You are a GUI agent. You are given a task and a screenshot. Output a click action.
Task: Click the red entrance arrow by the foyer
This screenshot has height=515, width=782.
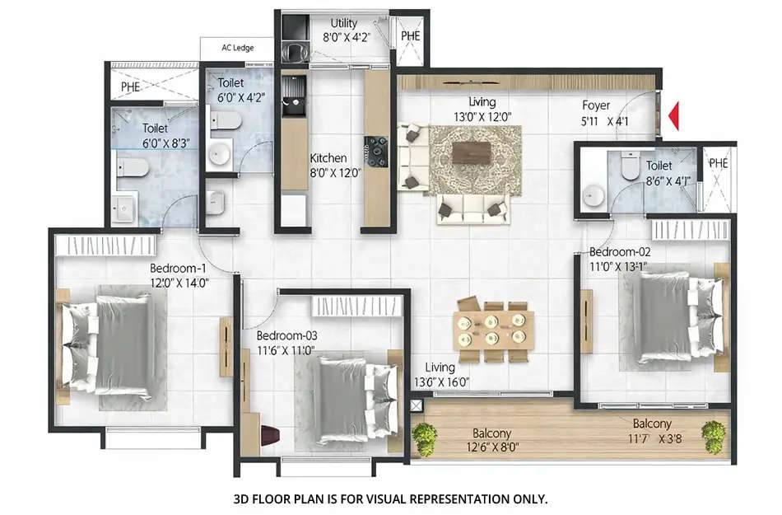click(673, 115)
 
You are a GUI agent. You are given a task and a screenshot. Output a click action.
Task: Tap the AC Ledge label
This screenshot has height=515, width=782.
click(237, 48)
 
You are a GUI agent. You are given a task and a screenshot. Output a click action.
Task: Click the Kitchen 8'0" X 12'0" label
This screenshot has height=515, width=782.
click(328, 165)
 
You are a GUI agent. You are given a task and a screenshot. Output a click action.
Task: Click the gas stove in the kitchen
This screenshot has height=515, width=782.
click(377, 151)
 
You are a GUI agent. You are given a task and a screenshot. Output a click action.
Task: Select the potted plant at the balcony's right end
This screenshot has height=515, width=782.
click(714, 433)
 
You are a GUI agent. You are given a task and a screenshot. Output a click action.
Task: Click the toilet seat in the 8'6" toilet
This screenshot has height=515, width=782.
click(631, 169)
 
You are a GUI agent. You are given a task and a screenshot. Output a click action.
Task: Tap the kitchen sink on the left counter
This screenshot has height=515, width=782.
click(291, 105)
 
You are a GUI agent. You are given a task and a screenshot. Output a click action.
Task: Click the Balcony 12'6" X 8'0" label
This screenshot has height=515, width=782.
click(492, 441)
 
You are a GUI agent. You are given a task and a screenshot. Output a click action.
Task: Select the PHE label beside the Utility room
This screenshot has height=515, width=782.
click(410, 36)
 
